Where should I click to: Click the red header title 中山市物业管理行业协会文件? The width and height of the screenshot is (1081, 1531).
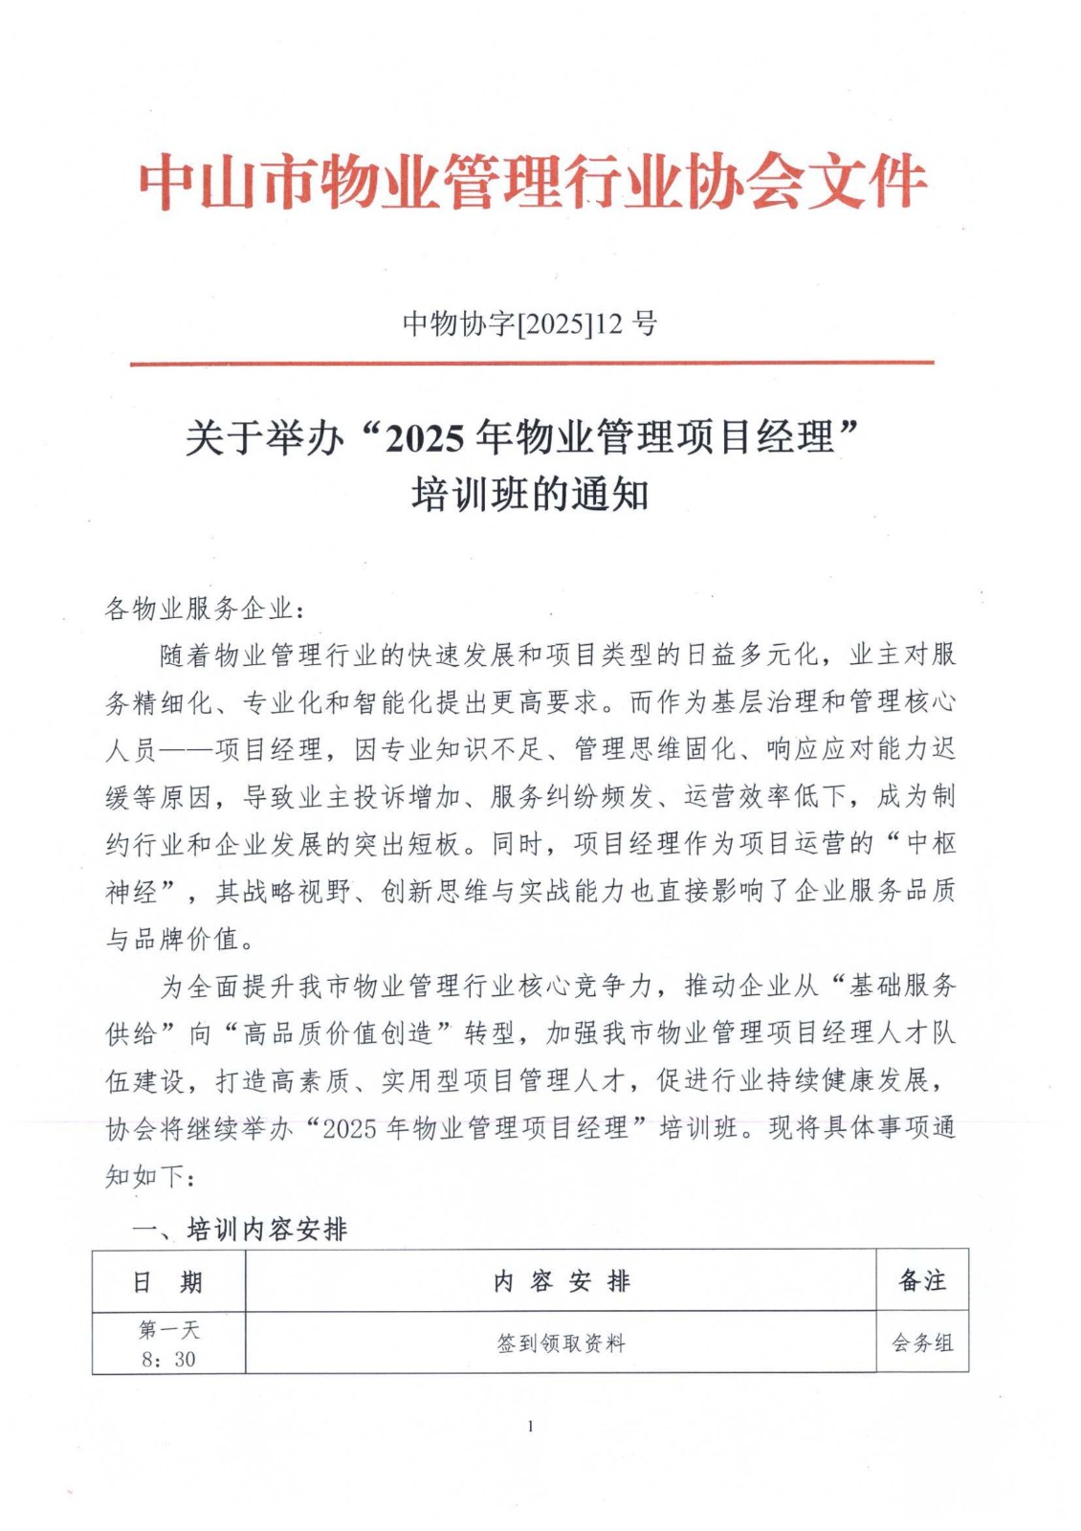point(532,182)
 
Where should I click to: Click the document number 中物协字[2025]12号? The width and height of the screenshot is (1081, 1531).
point(529,324)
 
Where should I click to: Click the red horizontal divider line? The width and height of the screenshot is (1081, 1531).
point(532,364)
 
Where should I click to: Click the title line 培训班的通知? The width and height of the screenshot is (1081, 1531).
point(530,495)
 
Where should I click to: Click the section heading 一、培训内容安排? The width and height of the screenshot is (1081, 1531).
point(239,1229)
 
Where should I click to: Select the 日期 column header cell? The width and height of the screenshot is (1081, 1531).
point(168,1281)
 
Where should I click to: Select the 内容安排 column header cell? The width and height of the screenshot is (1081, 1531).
point(561,1281)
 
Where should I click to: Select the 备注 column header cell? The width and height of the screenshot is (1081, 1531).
point(922,1281)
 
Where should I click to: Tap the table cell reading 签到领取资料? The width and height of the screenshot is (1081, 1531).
point(561,1343)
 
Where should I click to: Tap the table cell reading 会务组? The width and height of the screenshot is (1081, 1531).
point(922,1343)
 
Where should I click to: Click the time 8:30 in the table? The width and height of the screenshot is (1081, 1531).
point(168,1359)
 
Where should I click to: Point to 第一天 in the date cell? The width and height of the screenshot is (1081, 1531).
point(168,1329)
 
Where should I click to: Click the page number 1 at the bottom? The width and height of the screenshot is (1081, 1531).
point(530,1427)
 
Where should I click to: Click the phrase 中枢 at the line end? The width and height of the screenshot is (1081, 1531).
point(930,844)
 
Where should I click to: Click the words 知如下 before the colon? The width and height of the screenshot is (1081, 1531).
point(144,1176)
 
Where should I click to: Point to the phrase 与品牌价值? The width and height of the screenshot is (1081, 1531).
point(172,940)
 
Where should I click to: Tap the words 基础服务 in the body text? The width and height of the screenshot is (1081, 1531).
point(901,987)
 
